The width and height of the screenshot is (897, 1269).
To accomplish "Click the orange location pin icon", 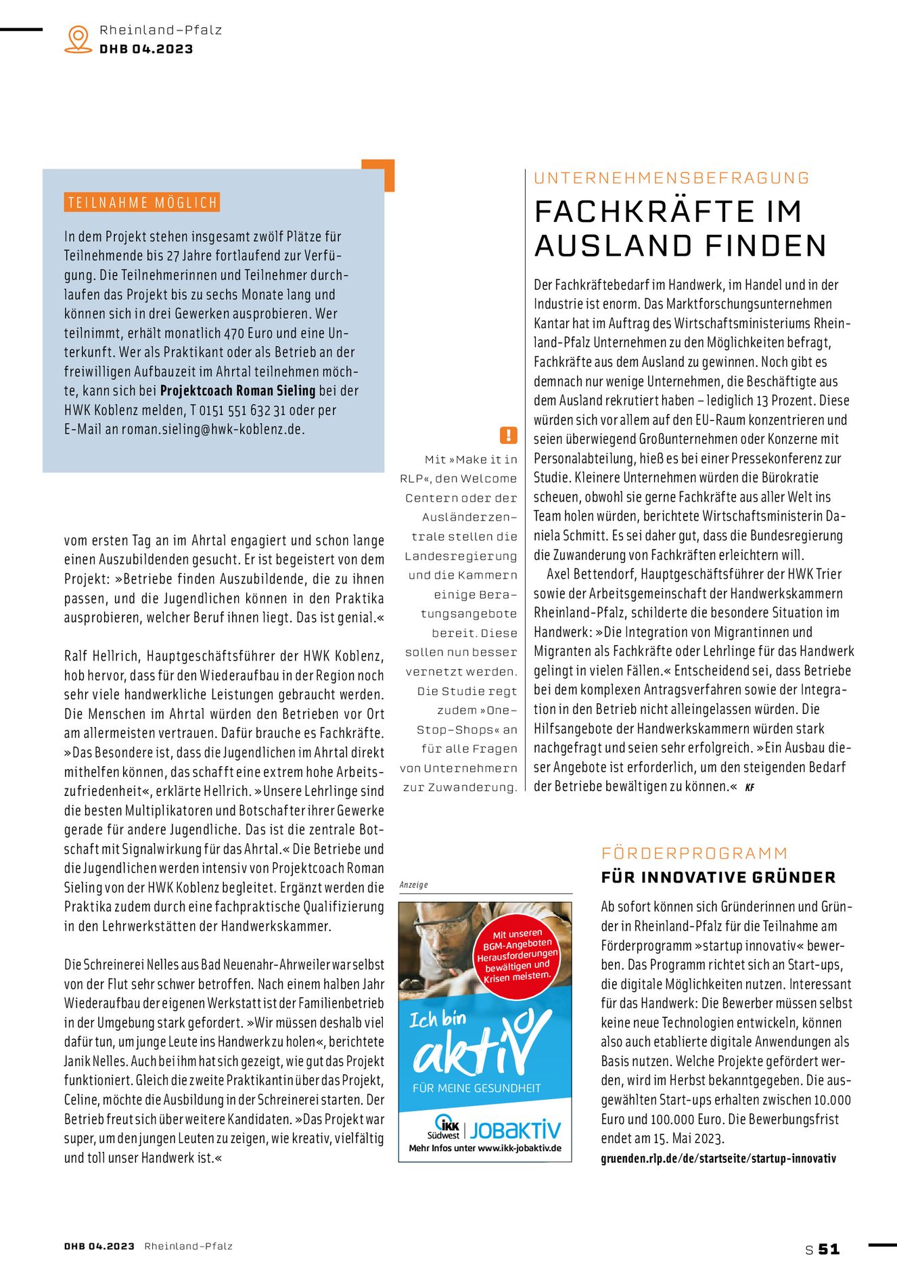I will pyautogui.click(x=78, y=39).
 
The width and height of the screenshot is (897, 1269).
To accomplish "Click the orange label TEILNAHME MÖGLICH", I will pyautogui.click(x=142, y=202).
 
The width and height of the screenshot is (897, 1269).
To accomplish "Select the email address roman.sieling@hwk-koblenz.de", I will pyautogui.click(x=213, y=429).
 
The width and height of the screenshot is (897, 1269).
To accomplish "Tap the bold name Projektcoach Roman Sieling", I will pyautogui.click(x=237, y=391).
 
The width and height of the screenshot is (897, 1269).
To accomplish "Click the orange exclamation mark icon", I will pyautogui.click(x=508, y=435).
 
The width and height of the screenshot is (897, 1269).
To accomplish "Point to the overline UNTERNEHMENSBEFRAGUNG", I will pyautogui.click(x=672, y=178).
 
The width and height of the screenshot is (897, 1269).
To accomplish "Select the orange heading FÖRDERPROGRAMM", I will pyautogui.click(x=695, y=853).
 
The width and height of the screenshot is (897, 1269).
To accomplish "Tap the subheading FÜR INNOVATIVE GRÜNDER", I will pyautogui.click(x=718, y=877).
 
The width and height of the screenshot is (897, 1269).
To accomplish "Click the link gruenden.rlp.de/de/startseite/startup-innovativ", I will pyautogui.click(x=718, y=1158).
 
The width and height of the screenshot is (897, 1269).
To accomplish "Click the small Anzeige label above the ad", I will pyautogui.click(x=413, y=885).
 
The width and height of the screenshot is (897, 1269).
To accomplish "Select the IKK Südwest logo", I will pyautogui.click(x=444, y=1127).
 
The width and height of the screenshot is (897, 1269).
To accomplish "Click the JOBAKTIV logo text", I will pyautogui.click(x=515, y=1130).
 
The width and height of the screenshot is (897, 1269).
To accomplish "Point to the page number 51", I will pyautogui.click(x=829, y=1249).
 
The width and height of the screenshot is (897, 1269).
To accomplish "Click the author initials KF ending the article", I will pyautogui.click(x=749, y=787).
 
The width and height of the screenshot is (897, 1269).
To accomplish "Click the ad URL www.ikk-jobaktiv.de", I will pyautogui.click(x=520, y=1149).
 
